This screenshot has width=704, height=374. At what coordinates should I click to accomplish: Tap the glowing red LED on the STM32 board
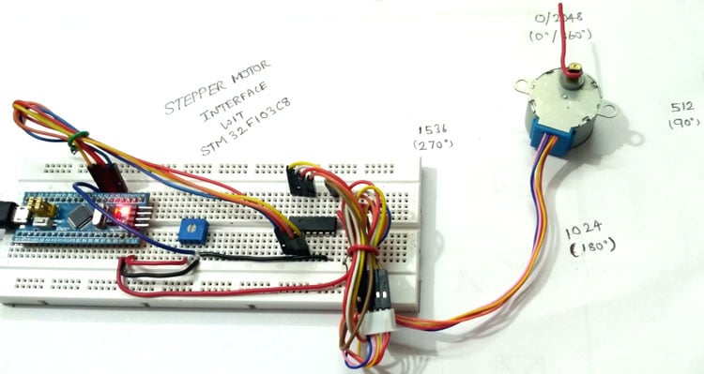pyautogui.click(x=119, y=215)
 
